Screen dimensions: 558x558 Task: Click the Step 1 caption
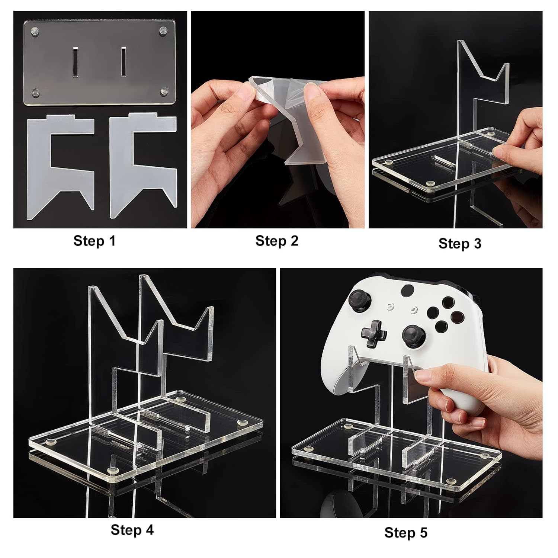point(94,241)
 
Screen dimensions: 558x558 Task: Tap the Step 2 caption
point(277,241)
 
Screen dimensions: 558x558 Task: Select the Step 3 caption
point(460,243)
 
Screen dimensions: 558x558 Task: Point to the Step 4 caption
point(132,530)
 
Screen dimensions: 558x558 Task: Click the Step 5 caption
point(406,532)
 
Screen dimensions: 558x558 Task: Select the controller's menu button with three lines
point(414,310)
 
